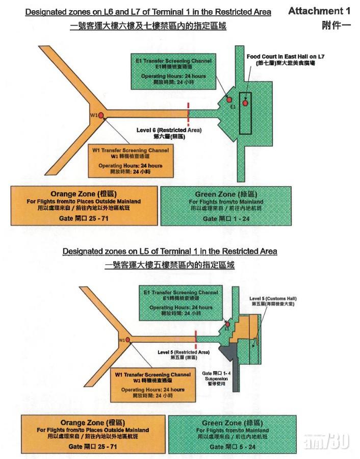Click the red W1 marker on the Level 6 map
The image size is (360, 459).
(x=101, y=116)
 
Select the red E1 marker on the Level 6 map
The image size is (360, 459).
(x=229, y=99)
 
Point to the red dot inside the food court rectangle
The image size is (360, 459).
(x=245, y=103)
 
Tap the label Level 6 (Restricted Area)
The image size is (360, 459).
(x=169, y=133)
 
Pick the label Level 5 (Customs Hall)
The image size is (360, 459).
(x=273, y=300)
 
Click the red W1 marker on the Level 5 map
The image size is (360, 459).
(x=127, y=339)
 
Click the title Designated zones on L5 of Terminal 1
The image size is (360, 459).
(x=170, y=251)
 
